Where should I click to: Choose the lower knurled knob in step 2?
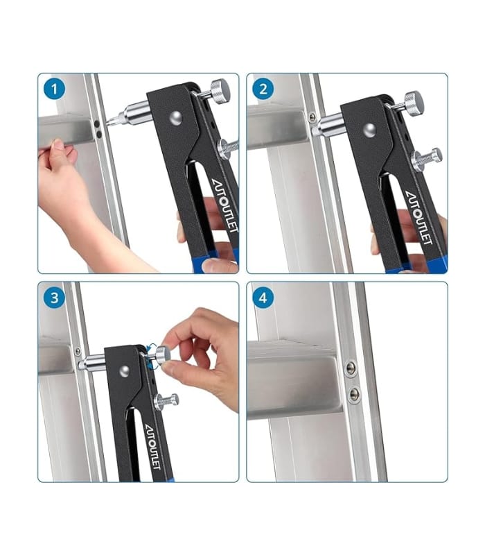point(425,158)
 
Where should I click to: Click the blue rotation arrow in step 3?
point(150,350)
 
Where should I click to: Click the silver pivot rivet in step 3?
point(123,372)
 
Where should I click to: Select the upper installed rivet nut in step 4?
point(351,368)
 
